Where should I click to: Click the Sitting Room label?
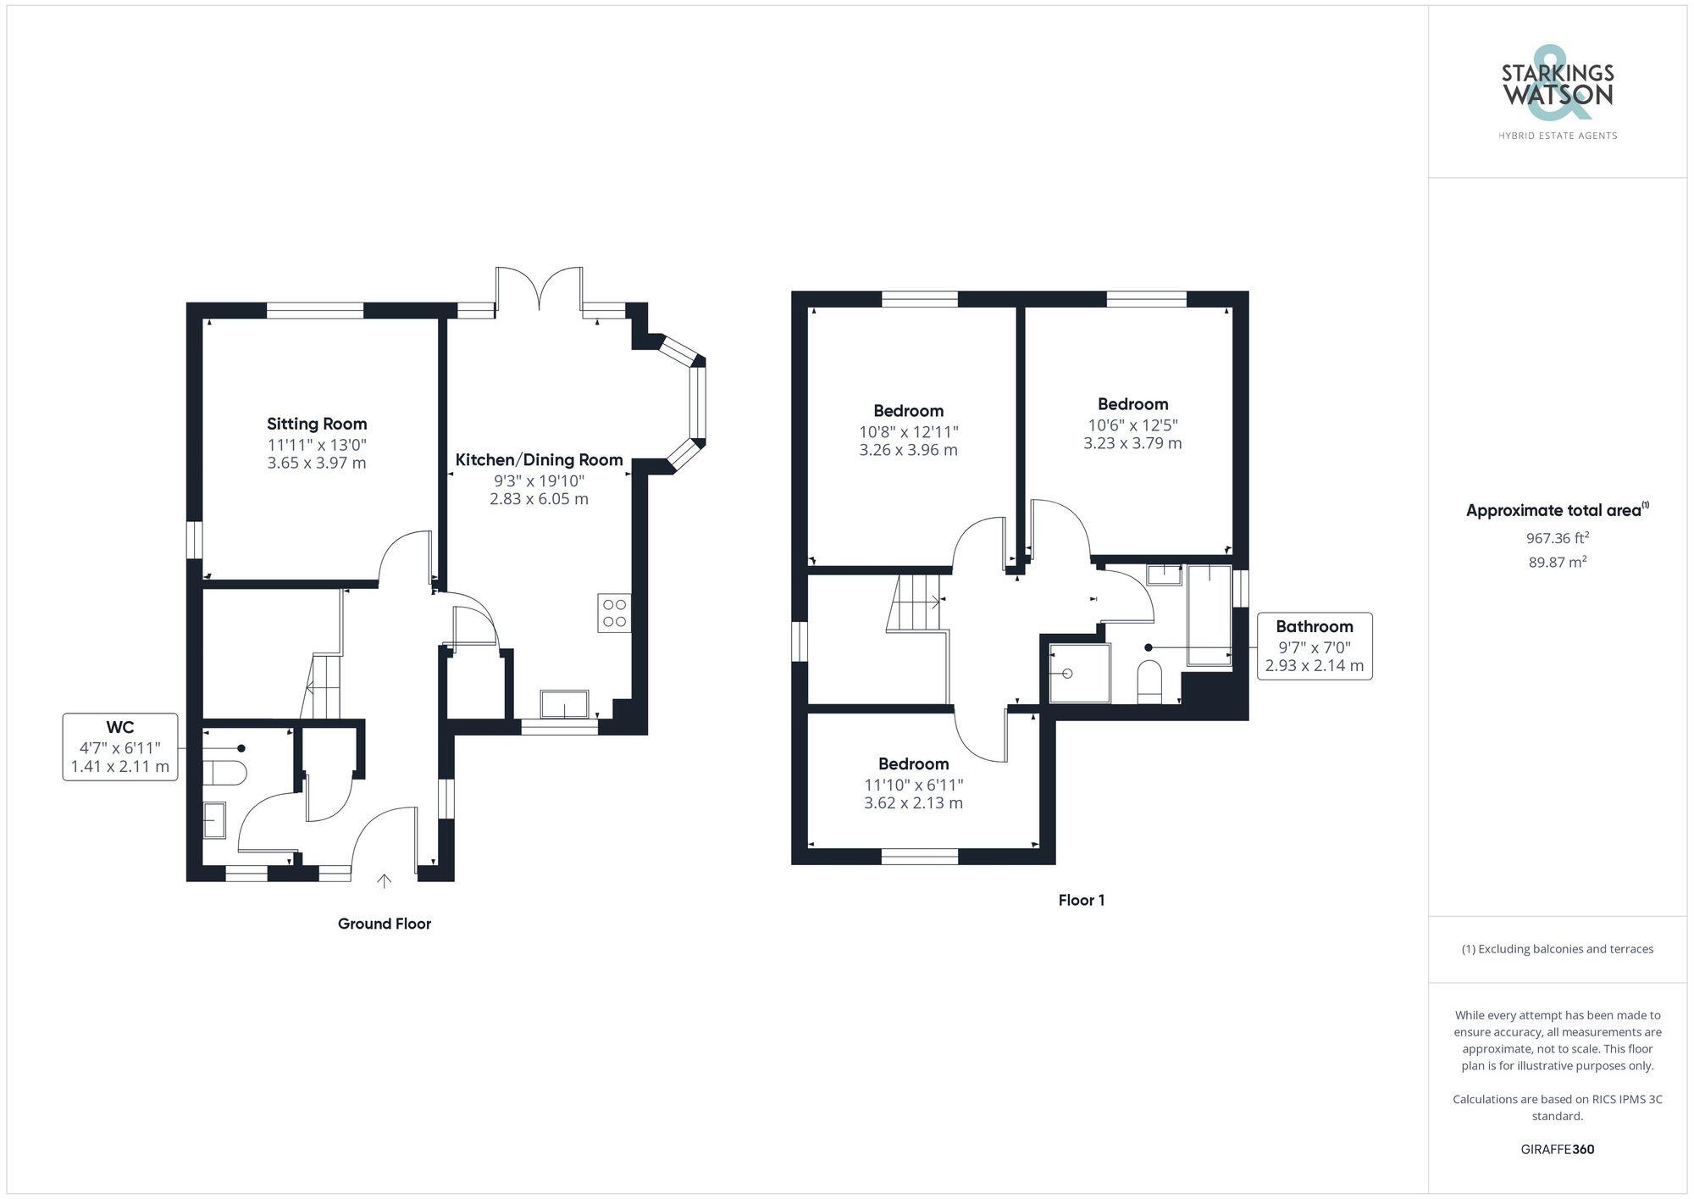317,424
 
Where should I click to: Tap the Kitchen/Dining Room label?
539,460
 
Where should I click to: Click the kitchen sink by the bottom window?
564,704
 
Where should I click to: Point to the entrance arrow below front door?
384,882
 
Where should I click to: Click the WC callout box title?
119,727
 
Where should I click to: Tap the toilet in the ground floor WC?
224,772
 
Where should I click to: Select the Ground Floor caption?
384,924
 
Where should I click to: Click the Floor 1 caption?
1081,900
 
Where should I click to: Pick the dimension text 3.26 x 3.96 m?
908,450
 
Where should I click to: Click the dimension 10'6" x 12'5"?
1132,425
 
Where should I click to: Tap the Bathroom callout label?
1314,626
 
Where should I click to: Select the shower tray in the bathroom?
1079,674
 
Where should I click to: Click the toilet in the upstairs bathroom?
1149,681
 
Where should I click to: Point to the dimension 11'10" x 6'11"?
913,785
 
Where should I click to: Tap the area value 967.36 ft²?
1557,538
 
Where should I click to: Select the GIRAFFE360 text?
1557,1149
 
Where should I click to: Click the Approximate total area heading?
1557,510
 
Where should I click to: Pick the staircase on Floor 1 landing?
916,602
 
